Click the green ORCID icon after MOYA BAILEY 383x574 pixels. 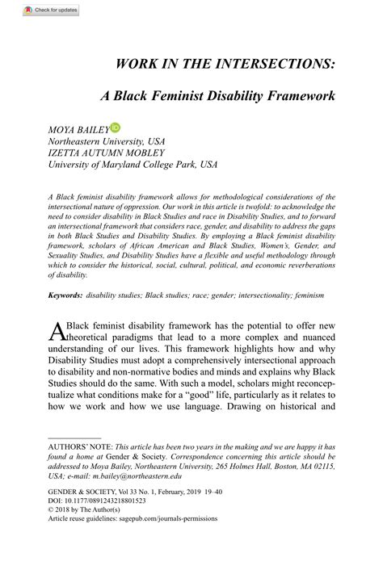pos(116,127)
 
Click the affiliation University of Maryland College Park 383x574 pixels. pos(122,163)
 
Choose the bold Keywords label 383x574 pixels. pos(65,295)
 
